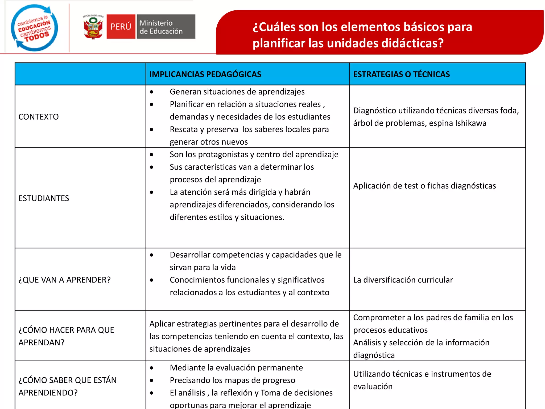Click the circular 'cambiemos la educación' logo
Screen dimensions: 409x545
pos(34,28)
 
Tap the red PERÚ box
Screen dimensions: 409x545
pos(121,27)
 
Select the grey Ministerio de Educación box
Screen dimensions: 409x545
pos(166,27)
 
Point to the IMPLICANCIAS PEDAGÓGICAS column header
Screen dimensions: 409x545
pos(205,74)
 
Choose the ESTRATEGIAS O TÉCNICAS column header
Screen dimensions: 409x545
pos(401,74)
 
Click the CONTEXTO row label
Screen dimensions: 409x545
pos(39,117)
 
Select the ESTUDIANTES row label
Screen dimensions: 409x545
pos(44,198)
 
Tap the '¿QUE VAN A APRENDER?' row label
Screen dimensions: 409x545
pos(64,280)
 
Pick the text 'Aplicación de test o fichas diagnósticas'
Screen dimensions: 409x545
pos(424,186)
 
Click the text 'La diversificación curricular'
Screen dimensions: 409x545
pos(403,280)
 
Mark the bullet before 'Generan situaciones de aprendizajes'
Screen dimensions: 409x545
pos(152,92)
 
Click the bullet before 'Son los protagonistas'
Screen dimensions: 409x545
pos(152,155)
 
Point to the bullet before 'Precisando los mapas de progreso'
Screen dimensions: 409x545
pos(152,381)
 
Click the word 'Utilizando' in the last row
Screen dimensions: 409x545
pos(371,374)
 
